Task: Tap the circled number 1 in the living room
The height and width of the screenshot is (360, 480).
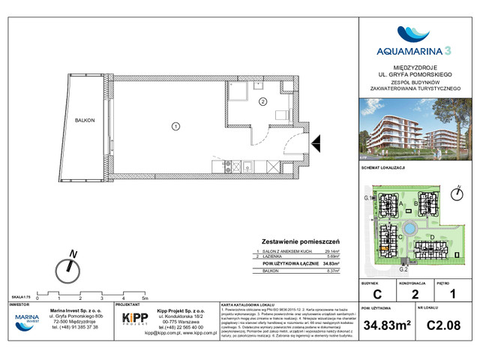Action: (x=175, y=127)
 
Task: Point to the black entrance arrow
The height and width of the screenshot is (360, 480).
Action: (x=315, y=140)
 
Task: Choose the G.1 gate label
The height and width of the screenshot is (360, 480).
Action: (x=368, y=197)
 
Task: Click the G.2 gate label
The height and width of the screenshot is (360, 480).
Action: (x=403, y=268)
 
